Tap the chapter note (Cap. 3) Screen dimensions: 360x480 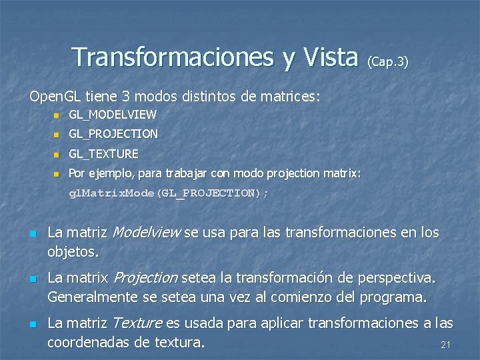[x=387, y=61]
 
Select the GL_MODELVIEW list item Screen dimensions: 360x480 [x=113, y=115]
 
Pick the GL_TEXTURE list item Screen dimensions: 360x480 [x=103, y=153]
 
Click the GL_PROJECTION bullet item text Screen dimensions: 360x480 [x=113, y=134]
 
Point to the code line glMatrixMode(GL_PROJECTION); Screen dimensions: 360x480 [x=169, y=193]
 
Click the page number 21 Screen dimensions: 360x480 [x=446, y=345]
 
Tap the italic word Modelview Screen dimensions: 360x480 [x=147, y=233]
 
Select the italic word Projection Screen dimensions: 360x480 [x=146, y=277]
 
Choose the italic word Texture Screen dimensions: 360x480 [x=137, y=323]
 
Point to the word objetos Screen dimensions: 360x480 [x=73, y=252]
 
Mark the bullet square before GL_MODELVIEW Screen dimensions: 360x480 [x=57, y=116]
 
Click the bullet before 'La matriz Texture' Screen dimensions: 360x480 [x=32, y=325]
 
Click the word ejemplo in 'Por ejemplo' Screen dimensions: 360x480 [x=108, y=173]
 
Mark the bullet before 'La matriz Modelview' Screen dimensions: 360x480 [x=32, y=234]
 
